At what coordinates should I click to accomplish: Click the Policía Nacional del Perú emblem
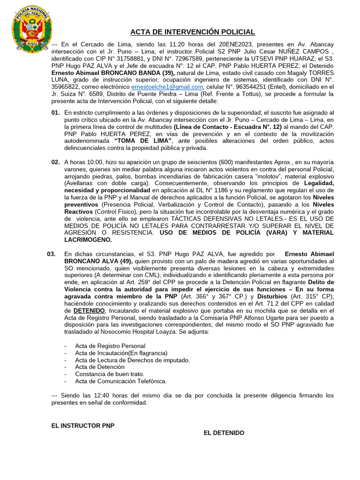tap(31, 30)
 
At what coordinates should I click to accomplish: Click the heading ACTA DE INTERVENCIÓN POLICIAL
tap(192, 32)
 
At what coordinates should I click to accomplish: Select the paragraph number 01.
tap(55, 112)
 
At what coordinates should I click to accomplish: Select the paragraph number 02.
tap(55, 162)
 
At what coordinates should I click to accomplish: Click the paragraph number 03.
tap(52, 254)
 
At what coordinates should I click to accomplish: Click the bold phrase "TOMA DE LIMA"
tap(143, 141)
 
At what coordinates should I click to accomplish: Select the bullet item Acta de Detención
tap(100, 367)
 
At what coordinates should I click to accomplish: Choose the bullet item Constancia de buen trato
tap(109, 374)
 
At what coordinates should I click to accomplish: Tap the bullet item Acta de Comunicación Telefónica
tap(121, 381)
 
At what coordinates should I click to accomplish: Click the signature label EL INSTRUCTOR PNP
tap(82, 426)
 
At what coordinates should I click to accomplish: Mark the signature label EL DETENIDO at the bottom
tap(224, 433)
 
